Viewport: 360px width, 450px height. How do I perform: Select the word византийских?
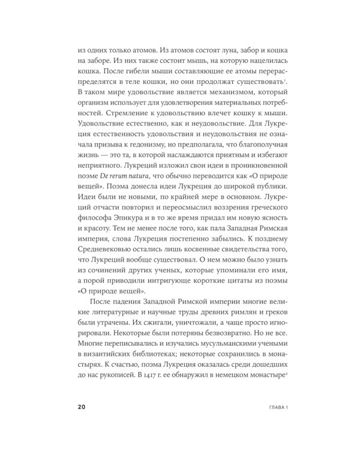tap(113, 368)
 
